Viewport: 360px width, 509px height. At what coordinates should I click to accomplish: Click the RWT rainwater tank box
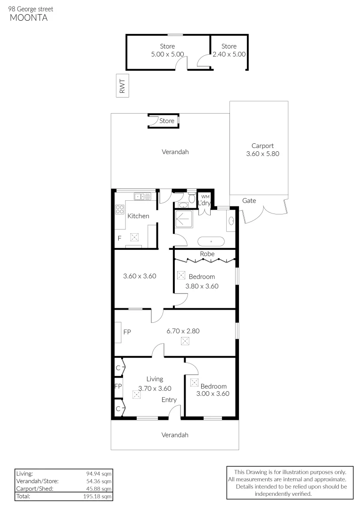coord(123,86)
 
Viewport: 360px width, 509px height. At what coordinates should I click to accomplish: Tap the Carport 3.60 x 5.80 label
coord(262,150)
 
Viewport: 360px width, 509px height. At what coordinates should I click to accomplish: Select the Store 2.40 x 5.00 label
coord(229,50)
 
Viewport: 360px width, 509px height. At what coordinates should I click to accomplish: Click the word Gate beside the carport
coord(249,201)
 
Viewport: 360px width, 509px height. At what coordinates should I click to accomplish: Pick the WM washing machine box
coord(205,197)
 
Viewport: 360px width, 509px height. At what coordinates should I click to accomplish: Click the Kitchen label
coord(139,216)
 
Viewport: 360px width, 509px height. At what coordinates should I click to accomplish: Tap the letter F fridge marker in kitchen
coord(120,238)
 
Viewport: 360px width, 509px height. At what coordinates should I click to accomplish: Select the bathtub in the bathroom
coord(211,242)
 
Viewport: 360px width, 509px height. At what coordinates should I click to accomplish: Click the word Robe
coord(207,254)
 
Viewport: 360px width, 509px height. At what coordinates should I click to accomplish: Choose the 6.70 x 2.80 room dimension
coord(183,331)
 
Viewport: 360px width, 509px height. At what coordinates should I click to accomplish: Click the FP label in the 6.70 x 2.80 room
coord(127,332)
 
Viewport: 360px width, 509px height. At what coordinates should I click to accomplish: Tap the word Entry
coord(169,400)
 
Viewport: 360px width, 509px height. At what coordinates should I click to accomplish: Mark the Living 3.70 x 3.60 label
coord(155,384)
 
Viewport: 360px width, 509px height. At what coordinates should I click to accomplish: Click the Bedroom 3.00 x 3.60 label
coord(213,390)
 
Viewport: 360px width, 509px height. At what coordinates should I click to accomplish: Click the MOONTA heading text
coord(29,18)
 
